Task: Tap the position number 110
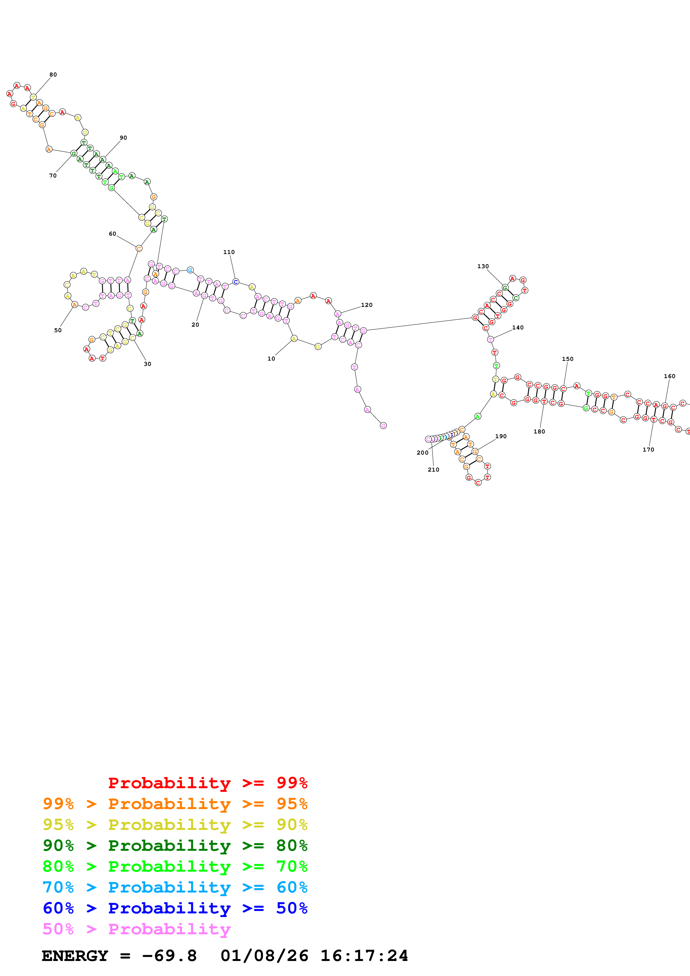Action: click(229, 252)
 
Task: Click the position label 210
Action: click(433, 470)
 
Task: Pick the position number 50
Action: click(58, 330)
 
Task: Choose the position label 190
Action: click(501, 436)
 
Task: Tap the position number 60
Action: click(112, 234)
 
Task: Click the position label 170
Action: click(648, 450)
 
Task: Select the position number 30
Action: click(147, 364)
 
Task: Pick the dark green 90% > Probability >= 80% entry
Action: click(175, 846)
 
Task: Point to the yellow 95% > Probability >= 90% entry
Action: click(175, 825)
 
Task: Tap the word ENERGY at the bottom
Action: click(75, 956)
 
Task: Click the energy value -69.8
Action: click(169, 956)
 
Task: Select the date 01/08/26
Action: click(264, 956)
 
